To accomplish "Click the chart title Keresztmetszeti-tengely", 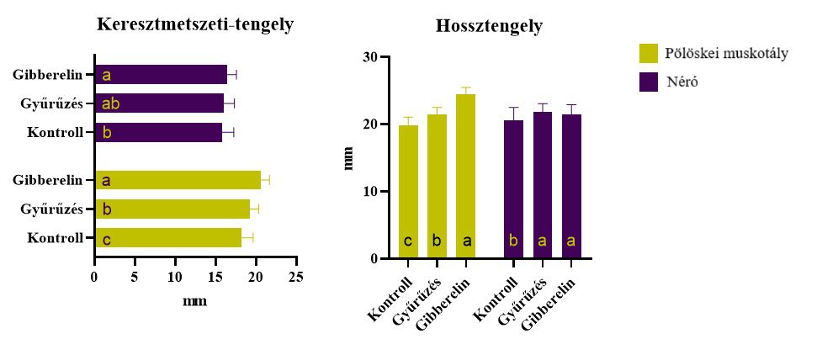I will point(195,24).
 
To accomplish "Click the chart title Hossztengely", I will point(489,26).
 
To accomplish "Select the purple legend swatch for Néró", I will point(649,82).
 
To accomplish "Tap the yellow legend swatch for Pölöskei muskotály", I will point(649,54).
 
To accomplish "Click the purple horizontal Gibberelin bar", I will point(161,75).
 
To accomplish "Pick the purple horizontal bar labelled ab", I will point(159,103).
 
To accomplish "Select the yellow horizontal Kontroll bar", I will point(168,238).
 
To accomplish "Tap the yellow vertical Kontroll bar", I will point(408,192).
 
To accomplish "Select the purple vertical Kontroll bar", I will point(514,189).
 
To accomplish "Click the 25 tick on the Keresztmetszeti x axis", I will point(296,276).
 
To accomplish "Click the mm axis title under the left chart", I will point(195,299).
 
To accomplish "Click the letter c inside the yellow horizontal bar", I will point(107,239).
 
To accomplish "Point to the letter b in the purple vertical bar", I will point(514,242).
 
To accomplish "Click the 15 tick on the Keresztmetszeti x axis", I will point(215,276).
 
